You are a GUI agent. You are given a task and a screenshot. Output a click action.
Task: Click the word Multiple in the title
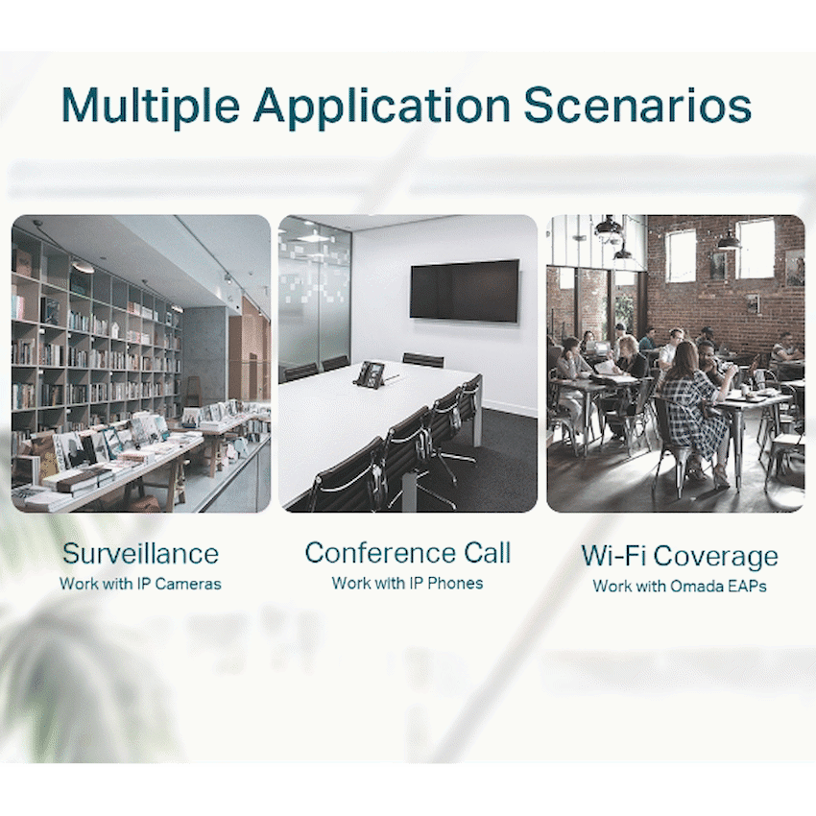click(151, 106)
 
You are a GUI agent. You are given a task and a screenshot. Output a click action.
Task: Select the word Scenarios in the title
click(637, 106)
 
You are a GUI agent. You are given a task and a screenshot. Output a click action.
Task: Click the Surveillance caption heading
click(140, 553)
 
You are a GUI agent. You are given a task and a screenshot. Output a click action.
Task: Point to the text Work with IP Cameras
click(140, 584)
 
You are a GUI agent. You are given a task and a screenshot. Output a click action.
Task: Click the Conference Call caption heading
click(407, 552)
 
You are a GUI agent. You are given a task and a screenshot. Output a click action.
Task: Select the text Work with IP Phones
click(407, 583)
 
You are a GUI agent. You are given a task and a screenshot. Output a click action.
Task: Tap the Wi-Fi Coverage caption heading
click(679, 556)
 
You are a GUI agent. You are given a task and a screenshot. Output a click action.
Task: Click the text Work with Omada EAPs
click(679, 586)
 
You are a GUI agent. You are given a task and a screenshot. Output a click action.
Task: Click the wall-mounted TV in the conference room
click(465, 290)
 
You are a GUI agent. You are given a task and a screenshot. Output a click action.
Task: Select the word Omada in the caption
click(696, 586)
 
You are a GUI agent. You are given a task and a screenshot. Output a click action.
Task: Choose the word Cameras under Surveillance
click(188, 584)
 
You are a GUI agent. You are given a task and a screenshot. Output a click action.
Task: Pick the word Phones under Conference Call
click(455, 584)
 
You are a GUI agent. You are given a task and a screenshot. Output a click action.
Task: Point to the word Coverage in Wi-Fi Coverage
click(715, 557)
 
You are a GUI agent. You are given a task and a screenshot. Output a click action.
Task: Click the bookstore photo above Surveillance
click(141, 364)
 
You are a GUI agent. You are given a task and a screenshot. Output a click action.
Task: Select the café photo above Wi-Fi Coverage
click(676, 364)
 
